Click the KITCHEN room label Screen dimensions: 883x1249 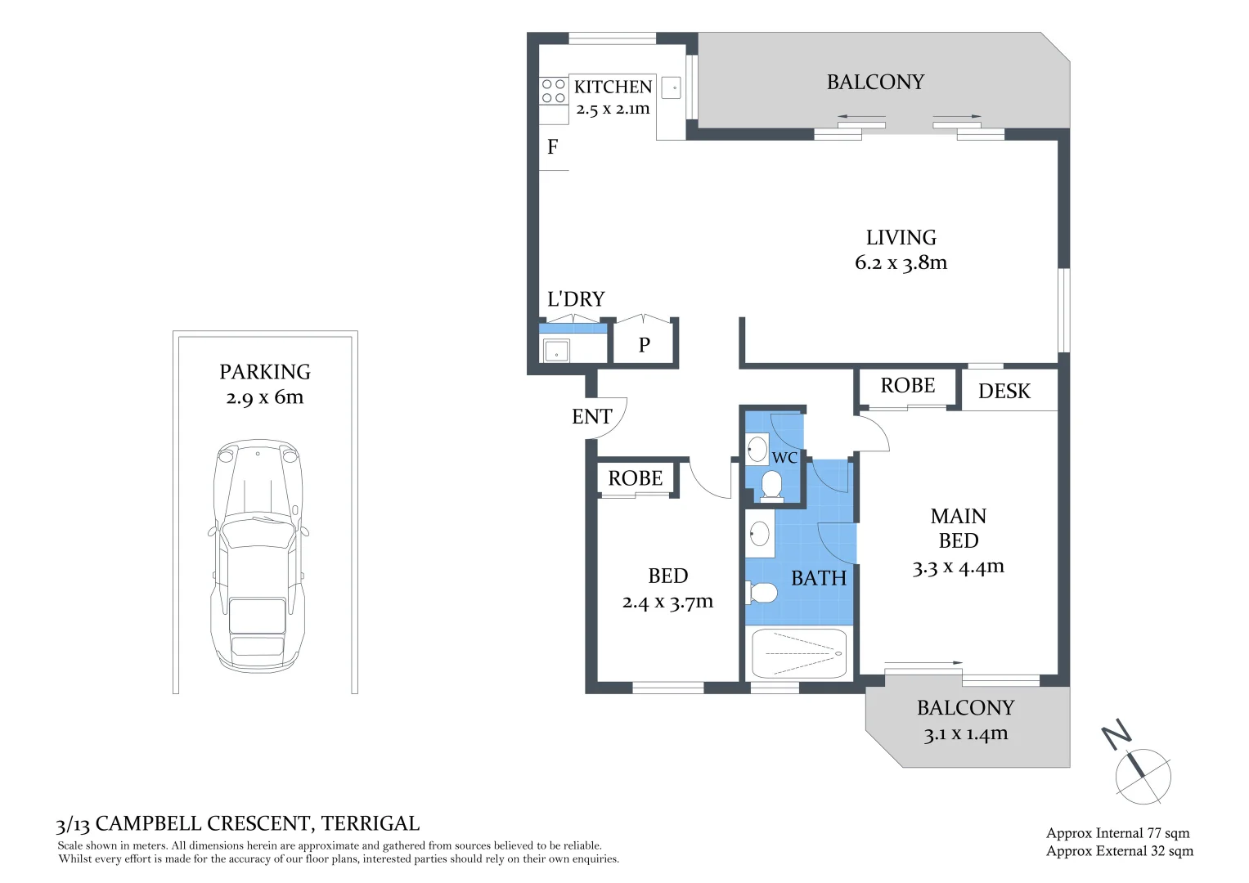pyautogui.click(x=613, y=87)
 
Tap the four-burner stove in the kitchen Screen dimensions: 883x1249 pyautogui.click(x=554, y=91)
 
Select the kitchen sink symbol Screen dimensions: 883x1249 pyautogui.click(x=671, y=87)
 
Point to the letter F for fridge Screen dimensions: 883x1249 pyautogui.click(x=553, y=147)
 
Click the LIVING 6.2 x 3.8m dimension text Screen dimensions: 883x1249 pyautogui.click(x=901, y=262)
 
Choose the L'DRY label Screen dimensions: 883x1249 pyautogui.click(x=576, y=299)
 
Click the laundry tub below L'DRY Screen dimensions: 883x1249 pyautogui.click(x=557, y=351)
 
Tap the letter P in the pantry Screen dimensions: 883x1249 pyautogui.click(x=645, y=345)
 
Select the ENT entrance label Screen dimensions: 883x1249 pyautogui.click(x=591, y=417)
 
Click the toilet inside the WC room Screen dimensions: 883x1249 pyautogui.click(x=771, y=485)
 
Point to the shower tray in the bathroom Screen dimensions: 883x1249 pyautogui.click(x=799, y=653)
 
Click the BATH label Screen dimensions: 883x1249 pyautogui.click(x=819, y=578)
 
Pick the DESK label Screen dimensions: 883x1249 pyautogui.click(x=1004, y=392)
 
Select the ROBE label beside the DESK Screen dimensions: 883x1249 pyautogui.click(x=907, y=386)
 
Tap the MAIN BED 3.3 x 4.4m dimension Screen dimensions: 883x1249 pyautogui.click(x=958, y=567)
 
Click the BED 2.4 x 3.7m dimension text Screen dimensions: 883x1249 pyautogui.click(x=667, y=603)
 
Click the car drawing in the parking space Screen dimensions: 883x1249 pyautogui.click(x=258, y=556)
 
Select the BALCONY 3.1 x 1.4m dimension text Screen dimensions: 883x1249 pyautogui.click(x=965, y=733)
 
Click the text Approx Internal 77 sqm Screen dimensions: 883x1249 pyautogui.click(x=1117, y=833)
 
